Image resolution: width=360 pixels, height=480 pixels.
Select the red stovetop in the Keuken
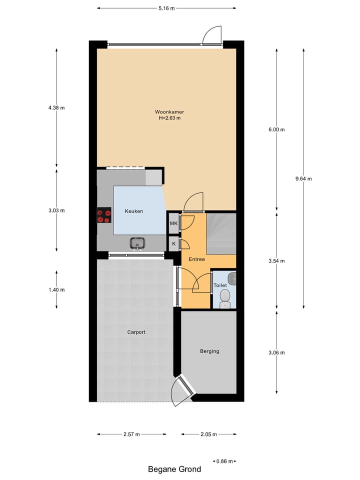[104, 215]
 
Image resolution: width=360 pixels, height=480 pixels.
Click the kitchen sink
[137, 243]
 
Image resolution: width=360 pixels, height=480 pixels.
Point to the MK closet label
[173, 223]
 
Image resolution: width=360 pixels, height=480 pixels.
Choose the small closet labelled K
[173, 244]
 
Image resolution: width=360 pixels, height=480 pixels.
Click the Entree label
[196, 259]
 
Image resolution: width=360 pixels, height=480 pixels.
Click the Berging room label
[209, 351]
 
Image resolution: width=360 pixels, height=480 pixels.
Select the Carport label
[136, 332]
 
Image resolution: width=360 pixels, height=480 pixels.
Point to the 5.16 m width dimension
[167, 8]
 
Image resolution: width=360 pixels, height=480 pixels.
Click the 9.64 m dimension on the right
[303, 178]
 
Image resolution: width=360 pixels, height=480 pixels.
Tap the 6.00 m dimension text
[276, 129]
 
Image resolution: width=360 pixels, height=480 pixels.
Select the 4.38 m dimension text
[56, 107]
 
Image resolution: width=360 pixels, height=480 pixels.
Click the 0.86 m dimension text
[224, 461]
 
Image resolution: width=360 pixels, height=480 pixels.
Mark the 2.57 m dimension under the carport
[131, 434]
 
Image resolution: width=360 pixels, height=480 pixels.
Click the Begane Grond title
[174, 469]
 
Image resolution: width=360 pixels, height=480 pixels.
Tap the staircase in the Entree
[221, 232]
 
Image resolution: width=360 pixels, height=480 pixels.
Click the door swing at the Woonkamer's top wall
[211, 36]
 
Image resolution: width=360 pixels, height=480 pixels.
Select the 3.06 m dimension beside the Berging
[276, 352]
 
